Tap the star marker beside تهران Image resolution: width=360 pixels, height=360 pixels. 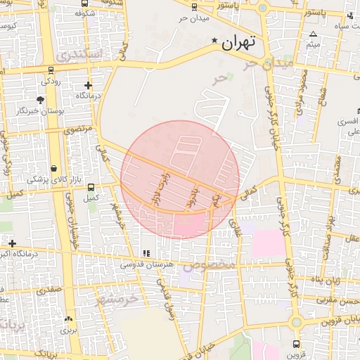click(x=215, y=42)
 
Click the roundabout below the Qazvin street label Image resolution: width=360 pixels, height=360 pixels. click(x=296, y=321)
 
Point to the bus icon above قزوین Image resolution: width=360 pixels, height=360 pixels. click(x=296, y=345)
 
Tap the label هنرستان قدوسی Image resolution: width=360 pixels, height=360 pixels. click(x=147, y=265)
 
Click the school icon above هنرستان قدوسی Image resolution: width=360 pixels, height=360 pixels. click(x=146, y=253)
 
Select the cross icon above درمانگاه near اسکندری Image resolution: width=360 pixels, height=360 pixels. click(x=87, y=84)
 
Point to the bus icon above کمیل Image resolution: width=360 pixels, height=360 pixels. click(x=90, y=186)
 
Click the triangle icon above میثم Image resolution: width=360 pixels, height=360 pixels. click(x=313, y=34)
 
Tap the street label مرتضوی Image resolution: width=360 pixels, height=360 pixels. click(x=78, y=131)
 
